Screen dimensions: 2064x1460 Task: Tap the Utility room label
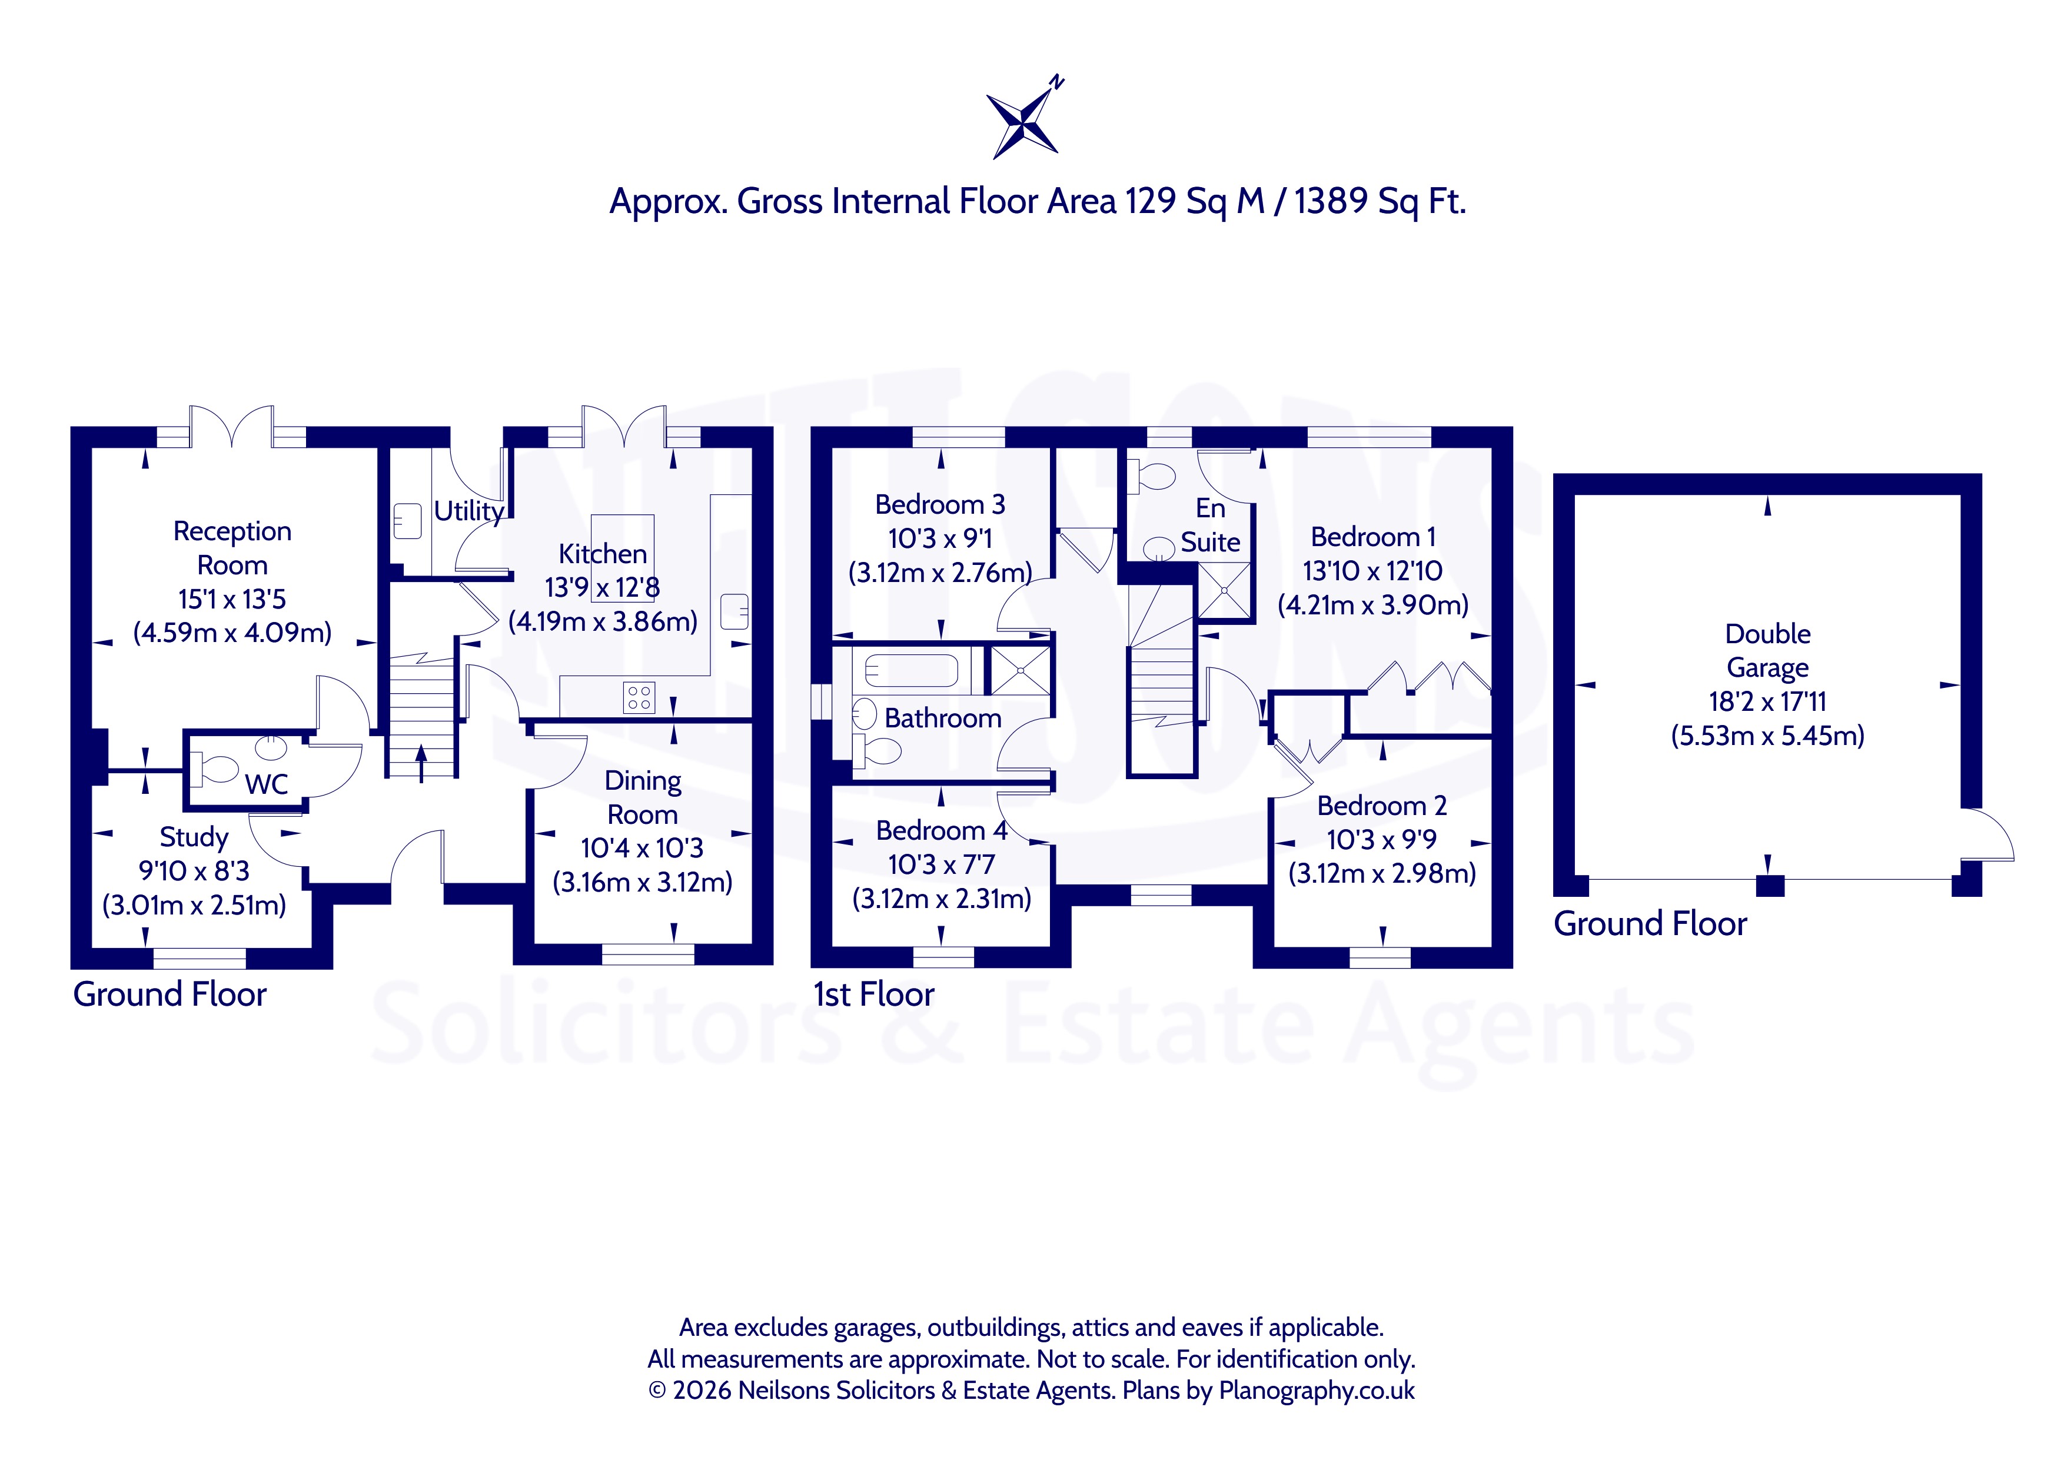point(468,511)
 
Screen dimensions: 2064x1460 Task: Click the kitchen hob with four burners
point(639,698)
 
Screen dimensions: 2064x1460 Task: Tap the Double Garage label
point(1767,650)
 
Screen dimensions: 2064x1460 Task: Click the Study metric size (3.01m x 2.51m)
point(194,904)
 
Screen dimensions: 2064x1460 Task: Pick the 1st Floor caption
point(874,995)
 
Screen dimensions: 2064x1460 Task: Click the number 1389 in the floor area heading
point(1332,201)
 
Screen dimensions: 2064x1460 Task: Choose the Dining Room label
point(643,797)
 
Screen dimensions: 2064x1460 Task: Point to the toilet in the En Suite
point(1152,475)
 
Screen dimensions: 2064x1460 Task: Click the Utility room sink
point(407,521)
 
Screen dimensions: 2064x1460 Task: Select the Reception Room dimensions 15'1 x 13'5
point(232,598)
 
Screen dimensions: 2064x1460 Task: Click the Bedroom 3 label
point(940,504)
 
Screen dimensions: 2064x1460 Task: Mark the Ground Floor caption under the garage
point(1650,923)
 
